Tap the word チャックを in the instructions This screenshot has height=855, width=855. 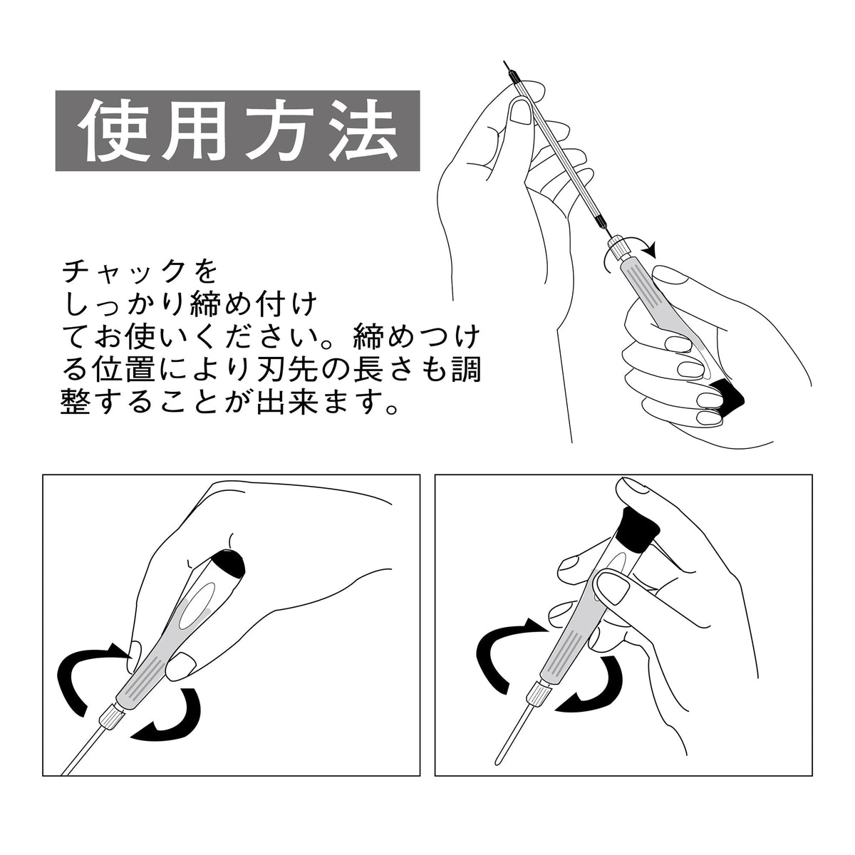point(140,272)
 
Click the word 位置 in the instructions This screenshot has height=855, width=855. point(118,370)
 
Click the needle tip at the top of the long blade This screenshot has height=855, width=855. point(504,62)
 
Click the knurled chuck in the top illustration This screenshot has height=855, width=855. point(616,247)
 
